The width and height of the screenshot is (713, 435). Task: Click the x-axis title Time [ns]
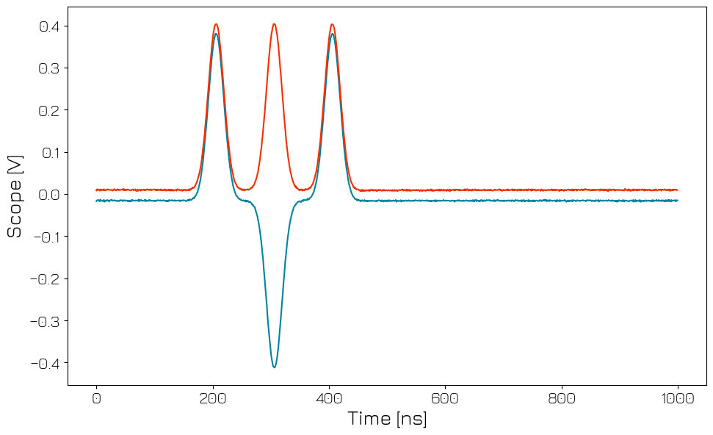(387, 420)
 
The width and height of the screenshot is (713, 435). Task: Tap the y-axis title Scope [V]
(15, 195)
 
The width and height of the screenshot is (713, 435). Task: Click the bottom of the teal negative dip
(274, 367)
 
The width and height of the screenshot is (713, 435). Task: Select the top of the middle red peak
(274, 24)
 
